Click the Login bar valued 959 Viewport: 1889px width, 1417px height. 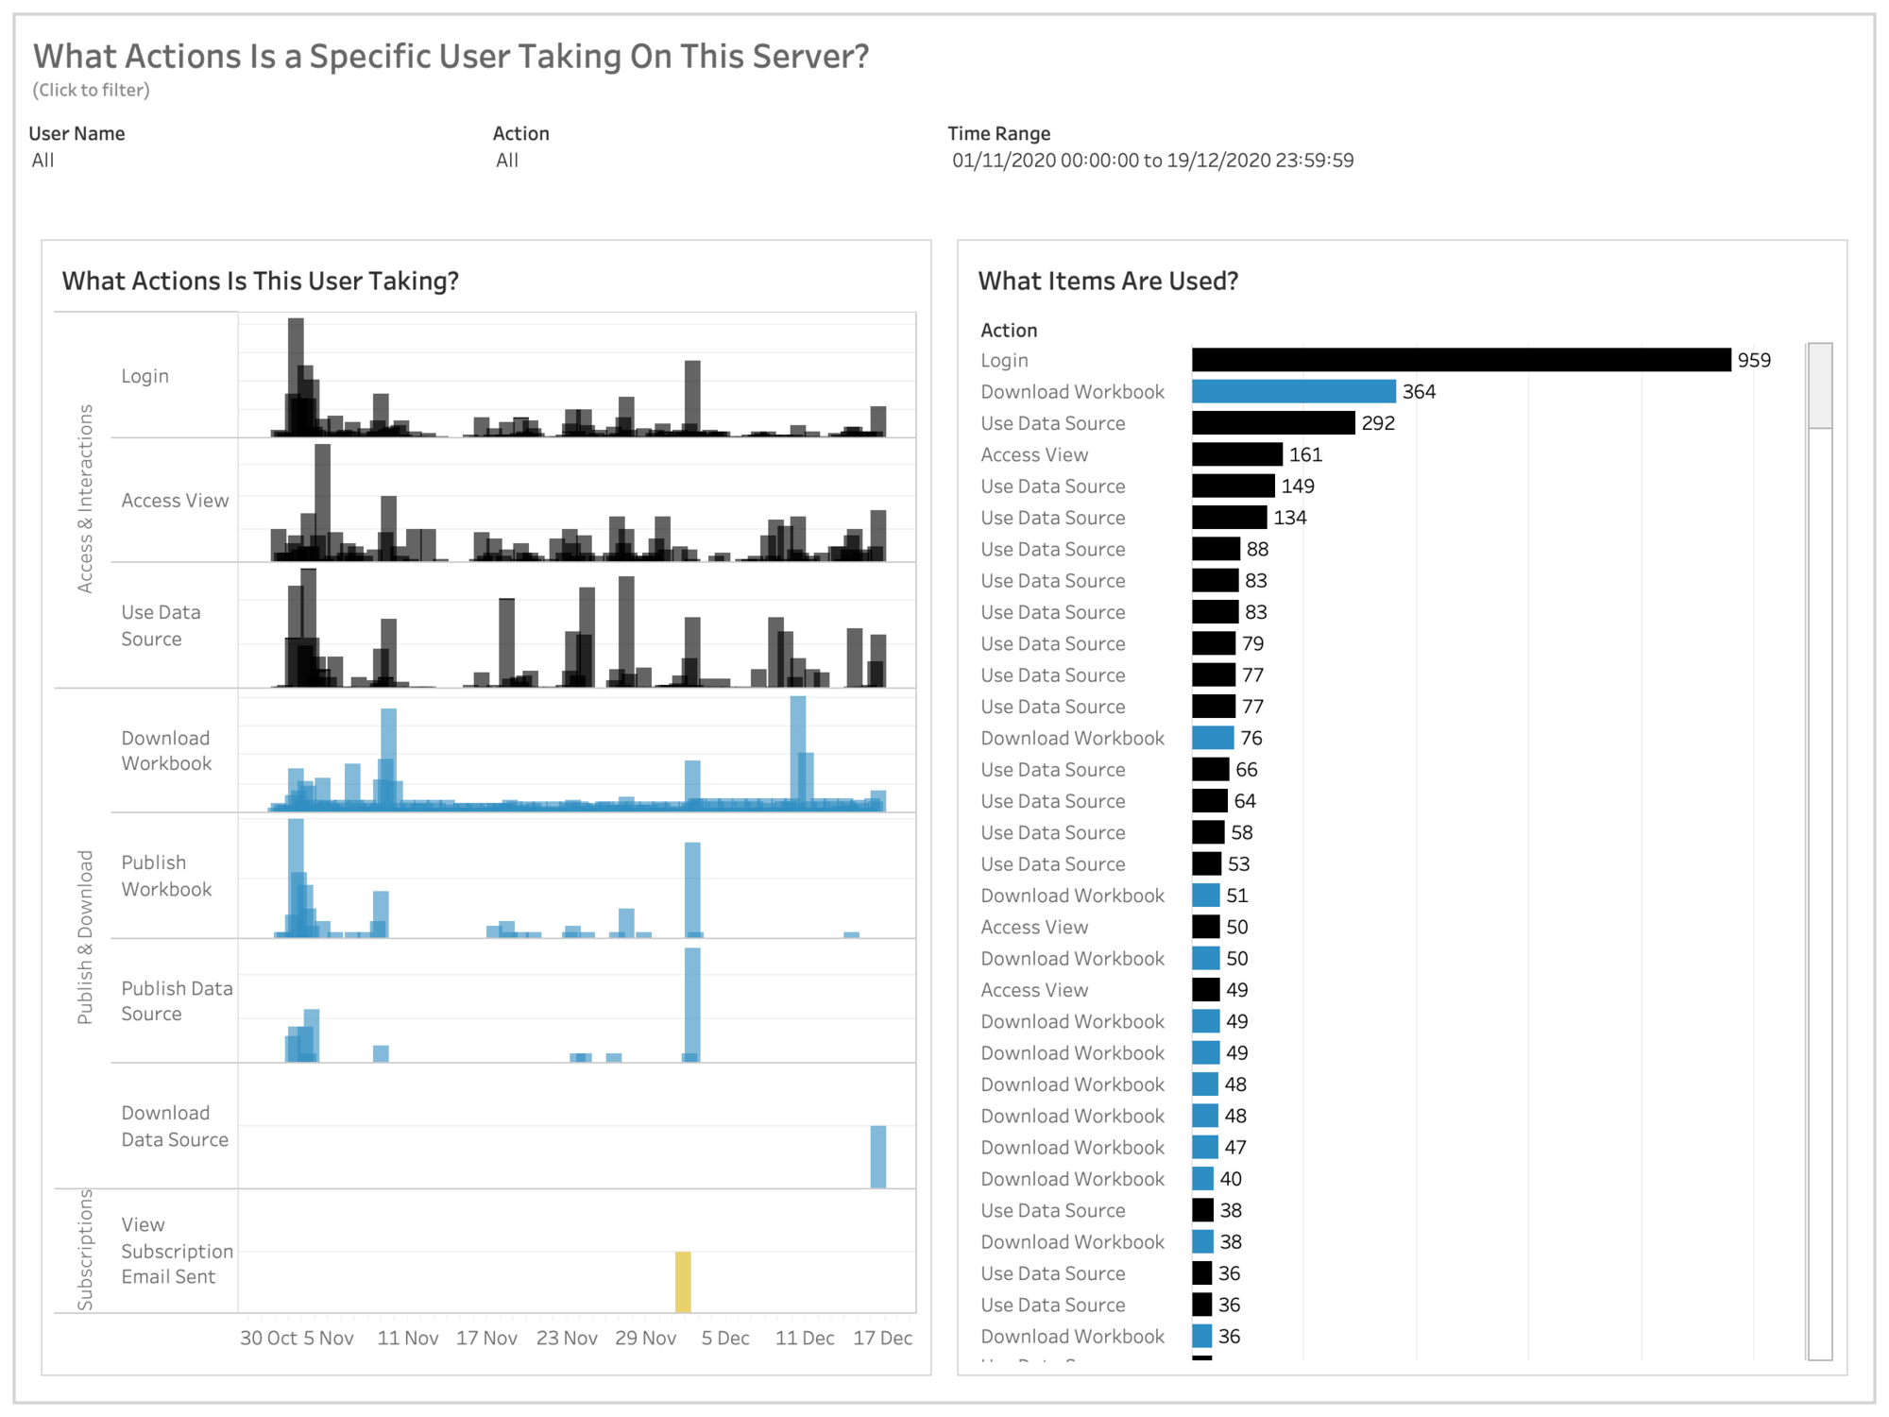(1460, 360)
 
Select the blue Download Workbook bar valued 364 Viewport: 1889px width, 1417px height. (1293, 391)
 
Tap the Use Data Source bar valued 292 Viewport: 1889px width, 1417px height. (1272, 423)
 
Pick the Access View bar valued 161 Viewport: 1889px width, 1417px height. (1236, 454)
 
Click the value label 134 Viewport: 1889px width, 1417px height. (1289, 518)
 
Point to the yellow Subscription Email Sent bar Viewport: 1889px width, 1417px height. (683, 1282)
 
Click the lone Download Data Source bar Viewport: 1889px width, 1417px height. (877, 1156)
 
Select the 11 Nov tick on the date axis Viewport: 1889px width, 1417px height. (407, 1339)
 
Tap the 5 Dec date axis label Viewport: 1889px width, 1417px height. (725, 1339)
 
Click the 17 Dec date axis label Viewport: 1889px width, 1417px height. (882, 1339)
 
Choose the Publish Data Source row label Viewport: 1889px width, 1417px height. (176, 1001)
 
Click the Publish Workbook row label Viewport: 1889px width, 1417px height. (166, 876)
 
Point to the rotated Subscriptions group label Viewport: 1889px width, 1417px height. (85, 1250)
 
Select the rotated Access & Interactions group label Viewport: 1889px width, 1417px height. (85, 499)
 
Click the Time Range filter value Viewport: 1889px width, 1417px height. (1152, 161)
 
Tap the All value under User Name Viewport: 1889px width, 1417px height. (43, 161)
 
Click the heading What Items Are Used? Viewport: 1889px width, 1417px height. (1107, 281)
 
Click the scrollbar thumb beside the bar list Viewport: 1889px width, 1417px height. (1819, 385)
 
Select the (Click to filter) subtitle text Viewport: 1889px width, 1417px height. (91, 90)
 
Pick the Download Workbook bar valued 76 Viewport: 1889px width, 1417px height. (1213, 738)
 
